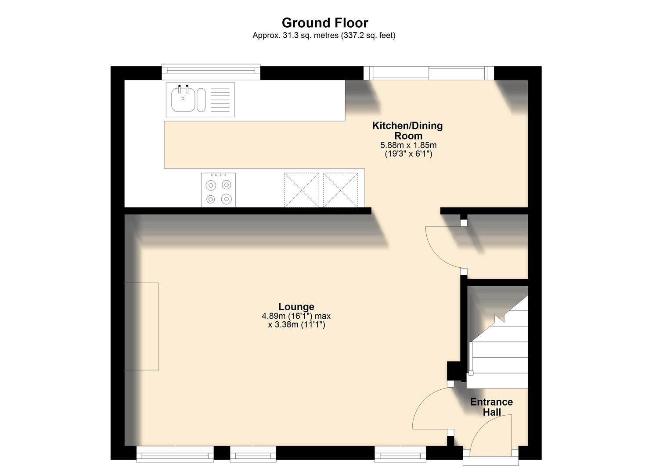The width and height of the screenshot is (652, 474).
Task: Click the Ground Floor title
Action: [x=325, y=22]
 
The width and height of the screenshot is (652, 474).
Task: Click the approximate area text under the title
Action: [x=324, y=36]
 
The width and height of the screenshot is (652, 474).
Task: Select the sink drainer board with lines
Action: [x=220, y=100]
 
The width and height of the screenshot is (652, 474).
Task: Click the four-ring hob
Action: [x=218, y=190]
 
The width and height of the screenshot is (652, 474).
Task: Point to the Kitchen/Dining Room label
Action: [x=407, y=131]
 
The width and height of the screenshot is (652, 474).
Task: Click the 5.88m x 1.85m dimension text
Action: [x=408, y=145]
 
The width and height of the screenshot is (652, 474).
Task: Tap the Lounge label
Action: [x=296, y=306]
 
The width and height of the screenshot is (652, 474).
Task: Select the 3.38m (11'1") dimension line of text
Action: [x=296, y=325]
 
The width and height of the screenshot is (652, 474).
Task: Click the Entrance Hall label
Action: [x=491, y=407]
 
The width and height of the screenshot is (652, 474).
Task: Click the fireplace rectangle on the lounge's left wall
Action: [x=141, y=326]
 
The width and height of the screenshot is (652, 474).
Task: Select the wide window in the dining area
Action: [x=429, y=73]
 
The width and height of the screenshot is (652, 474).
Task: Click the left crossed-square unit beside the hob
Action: [x=302, y=190]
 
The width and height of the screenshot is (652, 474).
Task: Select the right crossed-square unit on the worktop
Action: [x=340, y=190]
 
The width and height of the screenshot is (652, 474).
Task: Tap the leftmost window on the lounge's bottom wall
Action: [x=175, y=454]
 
